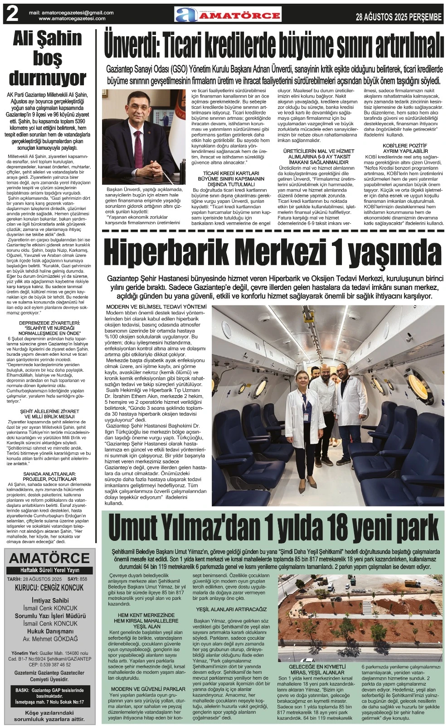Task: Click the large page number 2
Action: point(12,15)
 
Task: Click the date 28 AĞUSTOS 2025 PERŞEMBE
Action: point(399,17)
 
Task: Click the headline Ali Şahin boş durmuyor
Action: point(48,58)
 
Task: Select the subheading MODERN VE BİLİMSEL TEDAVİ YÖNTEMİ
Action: point(156,307)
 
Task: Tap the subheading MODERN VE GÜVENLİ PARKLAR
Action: point(148,689)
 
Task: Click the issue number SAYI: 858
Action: point(77,579)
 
